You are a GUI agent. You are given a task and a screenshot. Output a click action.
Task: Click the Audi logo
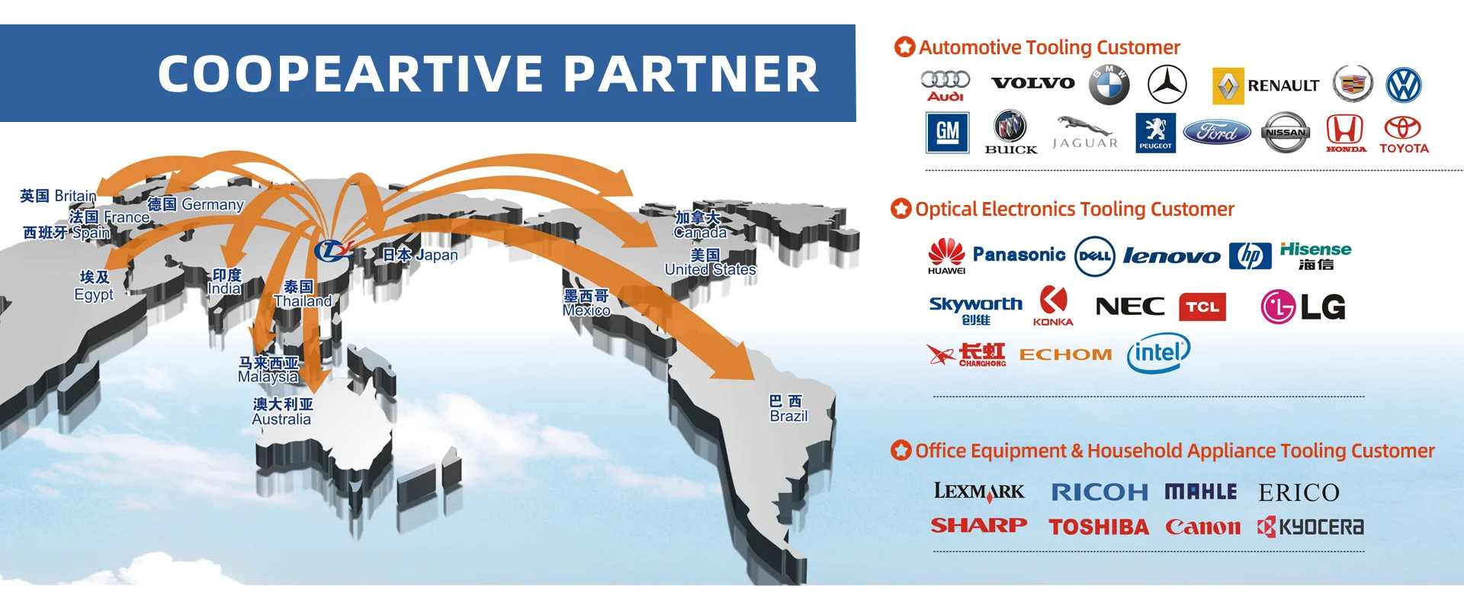(x=945, y=85)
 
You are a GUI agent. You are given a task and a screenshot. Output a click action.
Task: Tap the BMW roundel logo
(x=1109, y=85)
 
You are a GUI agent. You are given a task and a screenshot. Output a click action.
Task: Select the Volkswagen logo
(x=1404, y=85)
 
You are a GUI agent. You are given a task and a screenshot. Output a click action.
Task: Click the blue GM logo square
(x=947, y=133)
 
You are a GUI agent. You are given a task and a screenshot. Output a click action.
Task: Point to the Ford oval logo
(x=1217, y=133)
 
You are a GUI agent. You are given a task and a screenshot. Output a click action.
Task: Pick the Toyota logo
(x=1403, y=134)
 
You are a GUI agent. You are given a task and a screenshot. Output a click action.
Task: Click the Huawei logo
(x=946, y=256)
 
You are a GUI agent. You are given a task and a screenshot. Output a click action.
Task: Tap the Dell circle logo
(x=1094, y=256)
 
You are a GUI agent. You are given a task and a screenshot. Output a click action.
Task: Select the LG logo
(x=1303, y=307)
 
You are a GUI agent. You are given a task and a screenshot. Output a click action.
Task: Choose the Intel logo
(x=1158, y=353)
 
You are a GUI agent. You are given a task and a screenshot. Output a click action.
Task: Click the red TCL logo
(x=1202, y=307)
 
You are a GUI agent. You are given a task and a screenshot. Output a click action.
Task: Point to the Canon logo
(x=1202, y=527)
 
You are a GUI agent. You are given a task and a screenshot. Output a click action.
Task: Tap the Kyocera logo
(x=1311, y=527)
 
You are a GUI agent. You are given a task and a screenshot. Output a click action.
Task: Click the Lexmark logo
(x=979, y=492)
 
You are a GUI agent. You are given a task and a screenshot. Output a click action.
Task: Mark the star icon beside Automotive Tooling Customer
(x=904, y=47)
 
